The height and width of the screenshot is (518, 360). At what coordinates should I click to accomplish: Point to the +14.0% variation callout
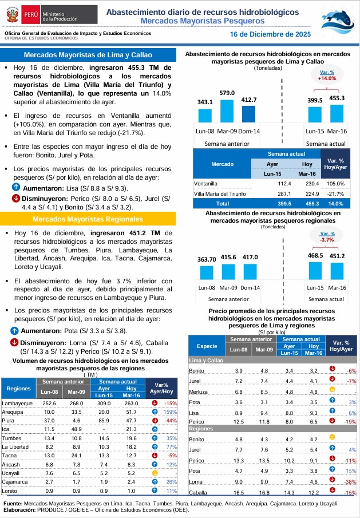click(x=327, y=76)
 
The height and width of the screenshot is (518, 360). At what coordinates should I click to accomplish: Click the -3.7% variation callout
click(x=327, y=236)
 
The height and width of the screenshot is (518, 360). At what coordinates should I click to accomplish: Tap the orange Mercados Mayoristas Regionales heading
click(x=88, y=219)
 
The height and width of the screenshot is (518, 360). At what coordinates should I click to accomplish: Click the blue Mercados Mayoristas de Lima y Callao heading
click(x=88, y=55)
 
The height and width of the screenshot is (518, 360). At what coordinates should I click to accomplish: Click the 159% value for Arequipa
click(x=169, y=412)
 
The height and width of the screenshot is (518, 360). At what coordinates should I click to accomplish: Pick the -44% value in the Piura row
click(x=170, y=420)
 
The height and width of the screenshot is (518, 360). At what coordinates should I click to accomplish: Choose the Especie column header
click(x=207, y=346)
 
